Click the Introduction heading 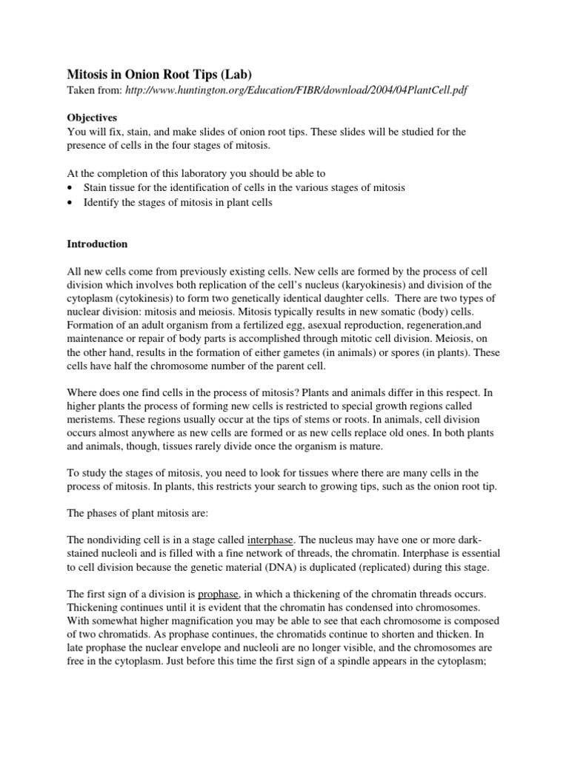97,244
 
